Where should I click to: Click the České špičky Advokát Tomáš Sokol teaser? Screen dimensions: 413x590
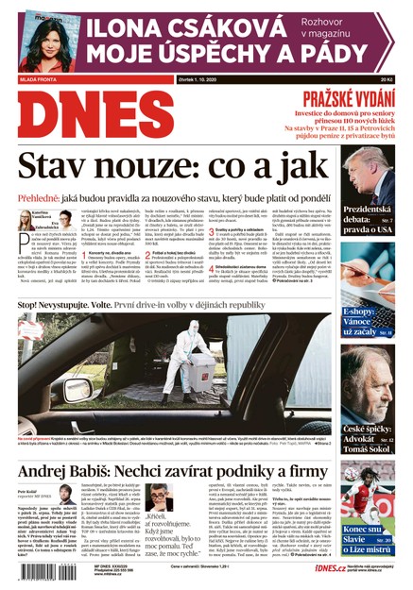pyautogui.click(x=368, y=420)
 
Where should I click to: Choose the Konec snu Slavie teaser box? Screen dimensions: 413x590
pyautogui.click(x=368, y=524)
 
